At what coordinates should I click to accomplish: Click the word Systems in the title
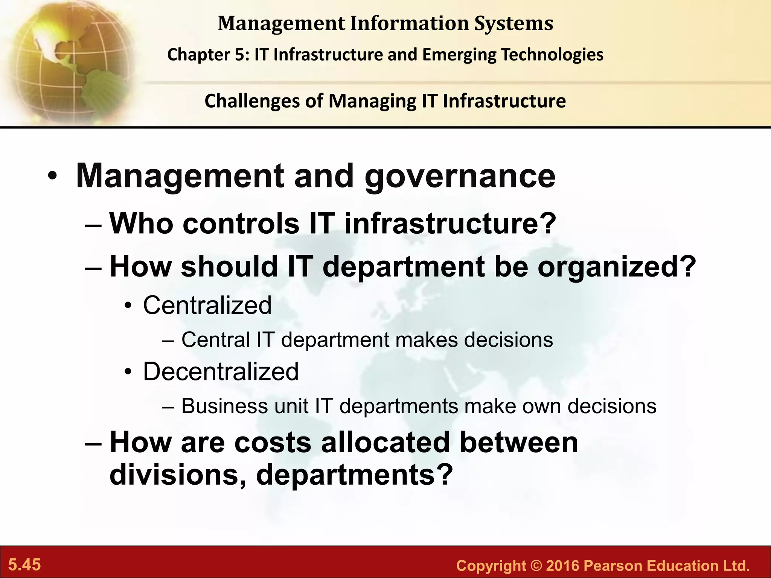point(513,23)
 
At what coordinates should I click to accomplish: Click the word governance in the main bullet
point(460,176)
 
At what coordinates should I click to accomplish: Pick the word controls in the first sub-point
point(241,224)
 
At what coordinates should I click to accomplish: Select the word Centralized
point(207,305)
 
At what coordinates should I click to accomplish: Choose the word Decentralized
point(221,372)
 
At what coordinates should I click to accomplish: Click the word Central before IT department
point(216,340)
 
